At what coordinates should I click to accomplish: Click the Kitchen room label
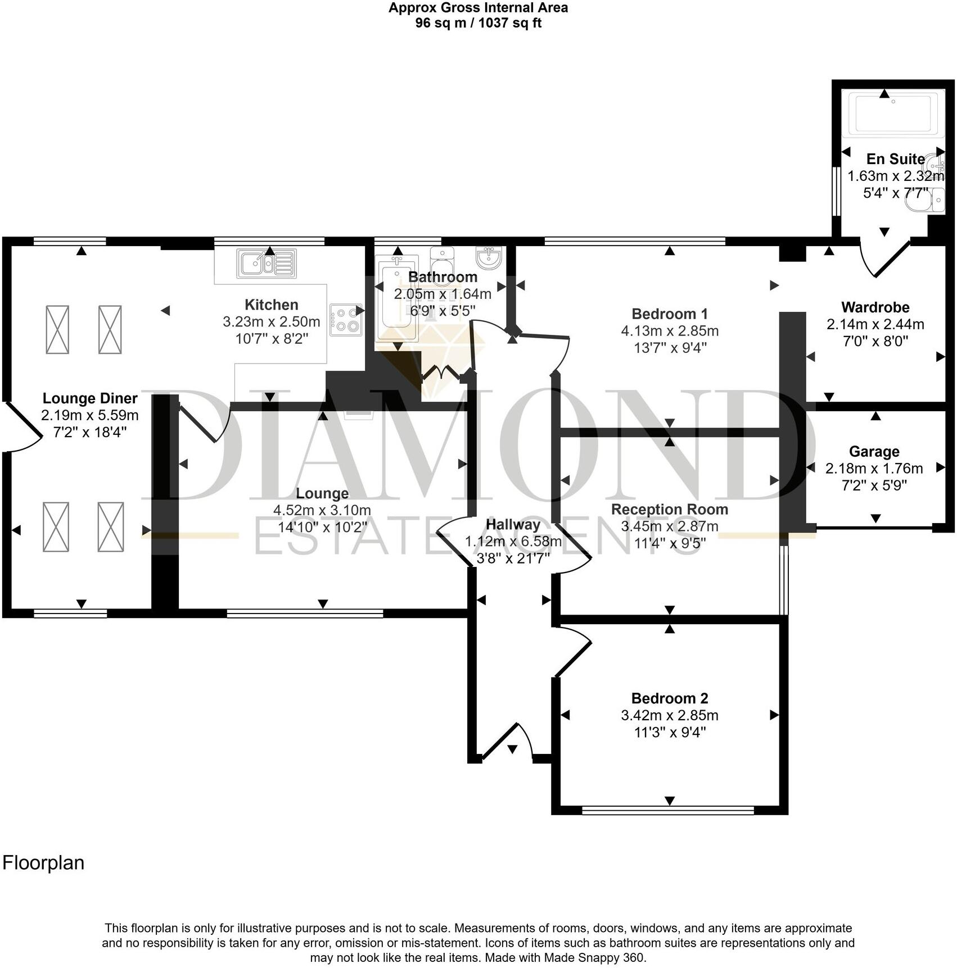[x=271, y=305]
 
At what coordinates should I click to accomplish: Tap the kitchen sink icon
[x=267, y=263]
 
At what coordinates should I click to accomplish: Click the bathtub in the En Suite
[x=893, y=113]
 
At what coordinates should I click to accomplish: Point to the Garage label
[x=874, y=452]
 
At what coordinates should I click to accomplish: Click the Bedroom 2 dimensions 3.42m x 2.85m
[x=669, y=716]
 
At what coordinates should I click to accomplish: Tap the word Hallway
[x=513, y=525]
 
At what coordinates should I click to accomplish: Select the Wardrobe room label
[x=875, y=307]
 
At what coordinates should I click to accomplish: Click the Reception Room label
[x=669, y=510]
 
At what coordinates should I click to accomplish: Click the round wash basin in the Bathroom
[x=488, y=257]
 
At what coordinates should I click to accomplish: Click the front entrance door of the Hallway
[x=505, y=742]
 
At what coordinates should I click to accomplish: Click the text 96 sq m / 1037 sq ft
[x=478, y=24]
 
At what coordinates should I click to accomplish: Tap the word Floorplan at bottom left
[x=43, y=863]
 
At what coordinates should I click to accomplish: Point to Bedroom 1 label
[x=669, y=314]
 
